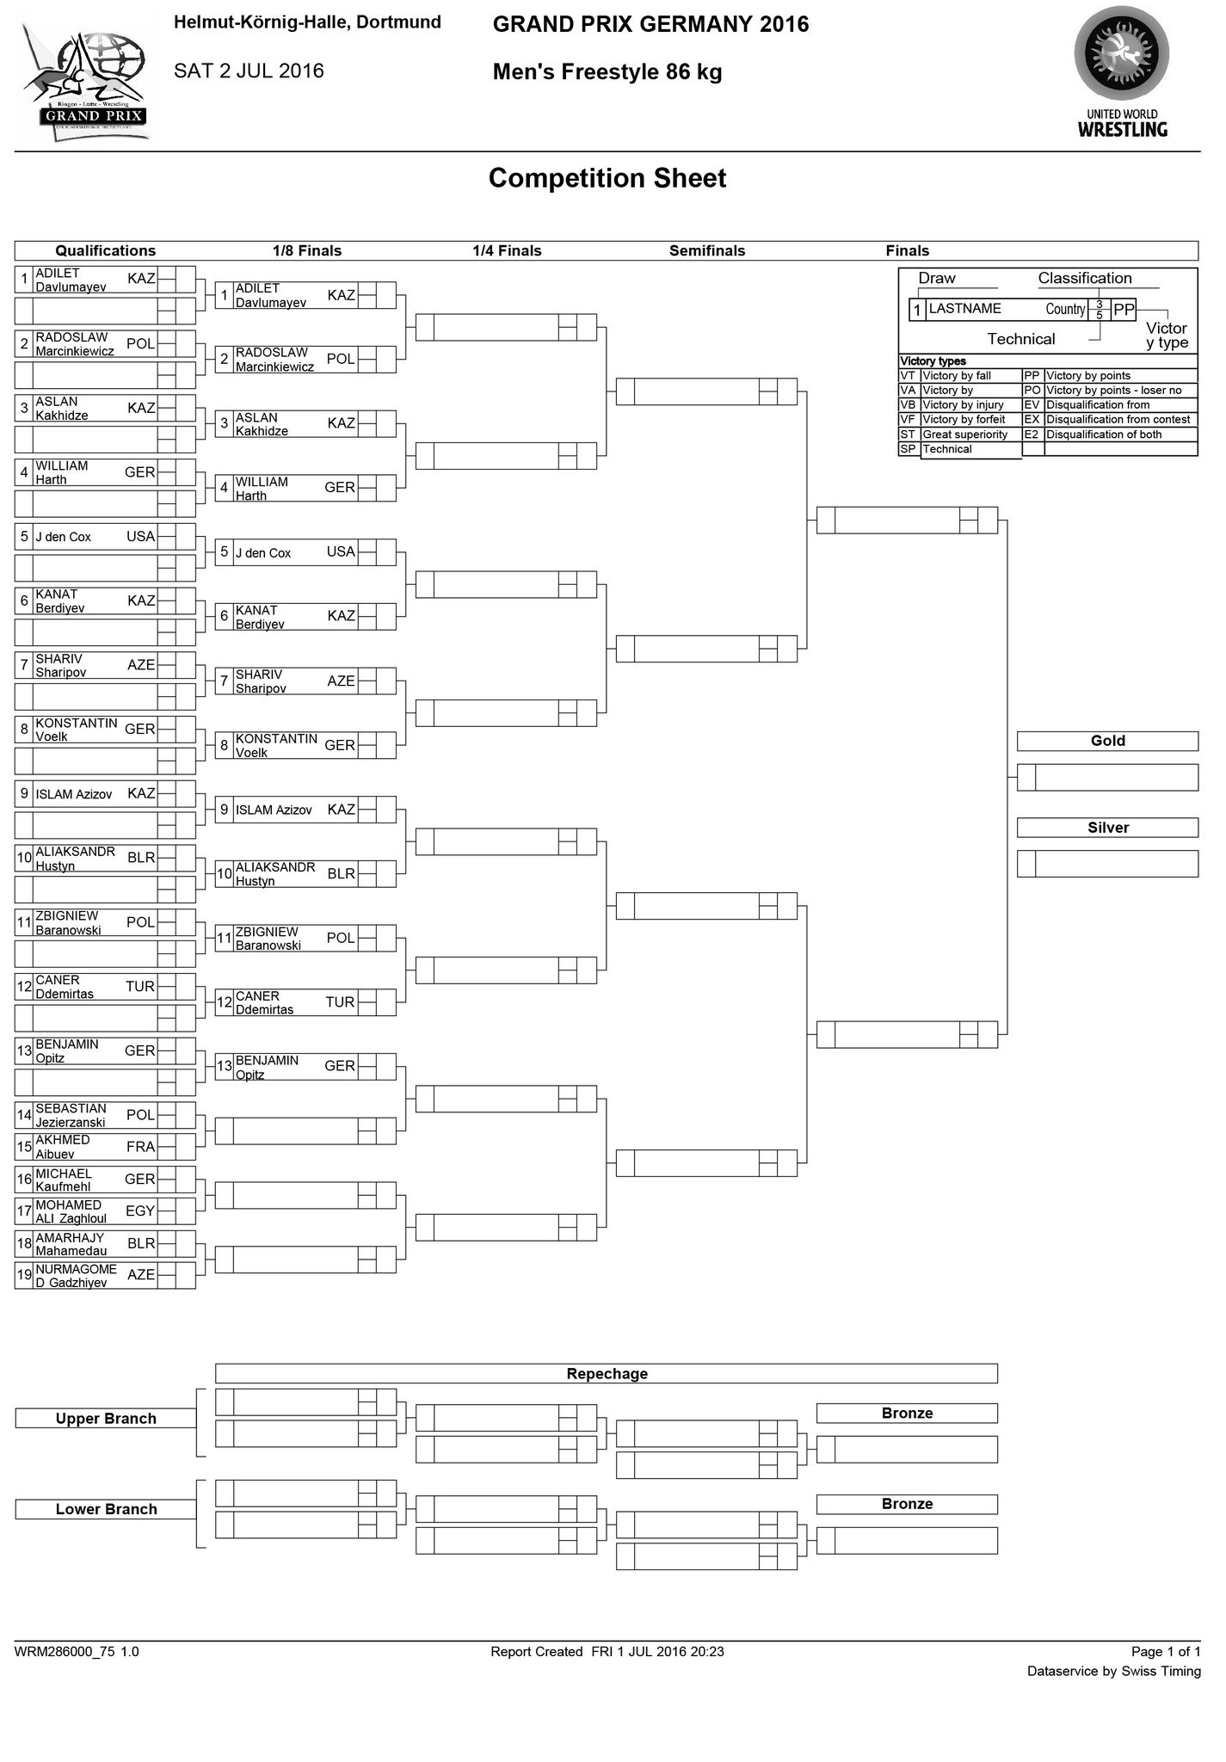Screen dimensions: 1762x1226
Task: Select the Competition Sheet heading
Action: click(607, 178)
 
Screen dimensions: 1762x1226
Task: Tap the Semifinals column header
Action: click(707, 251)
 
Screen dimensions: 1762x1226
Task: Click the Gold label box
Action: click(1107, 741)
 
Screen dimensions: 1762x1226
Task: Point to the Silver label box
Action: click(1107, 828)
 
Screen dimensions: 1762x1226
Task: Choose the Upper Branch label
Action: click(106, 1419)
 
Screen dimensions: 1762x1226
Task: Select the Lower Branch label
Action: click(106, 1509)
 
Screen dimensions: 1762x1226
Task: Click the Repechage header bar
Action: click(607, 1374)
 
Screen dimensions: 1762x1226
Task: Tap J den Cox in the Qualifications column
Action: click(64, 537)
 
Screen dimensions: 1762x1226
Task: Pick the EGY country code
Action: click(140, 1211)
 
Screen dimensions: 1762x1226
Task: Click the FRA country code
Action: click(140, 1147)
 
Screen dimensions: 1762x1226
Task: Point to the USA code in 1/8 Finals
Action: click(341, 552)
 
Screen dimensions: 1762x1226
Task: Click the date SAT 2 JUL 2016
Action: click(249, 71)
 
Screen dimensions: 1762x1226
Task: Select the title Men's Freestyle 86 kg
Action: click(607, 73)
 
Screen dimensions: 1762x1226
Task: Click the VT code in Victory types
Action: click(908, 376)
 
